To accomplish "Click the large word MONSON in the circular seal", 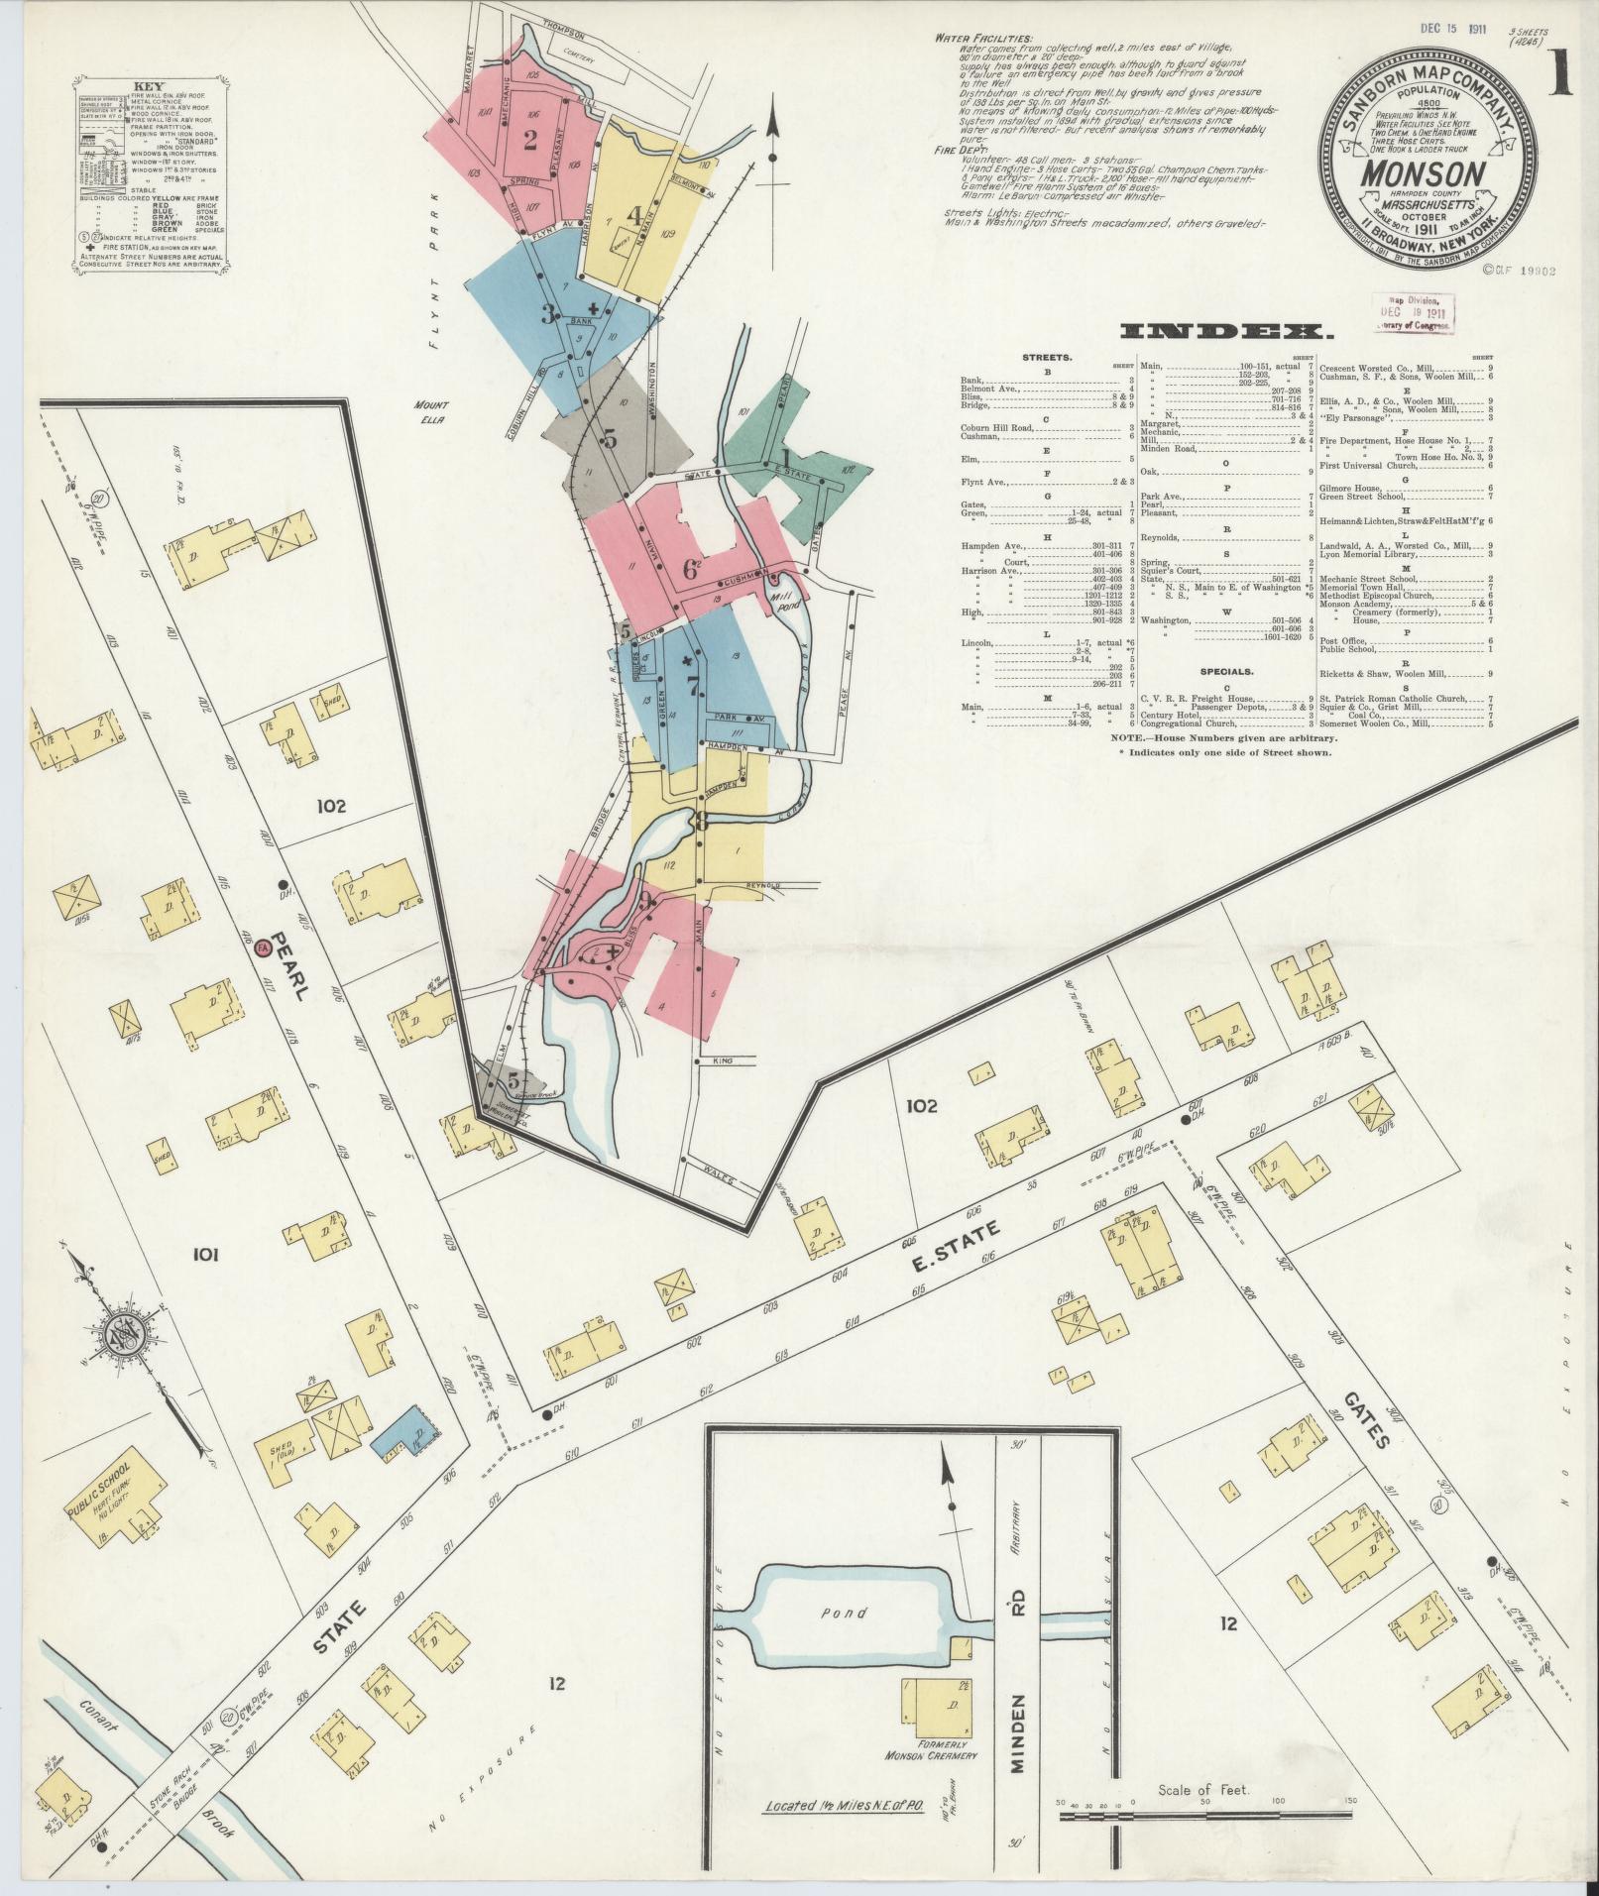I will (1428, 174).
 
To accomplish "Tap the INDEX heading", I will (1226, 331).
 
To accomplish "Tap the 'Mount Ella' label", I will (431, 411).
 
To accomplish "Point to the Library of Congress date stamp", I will (1412, 311).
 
